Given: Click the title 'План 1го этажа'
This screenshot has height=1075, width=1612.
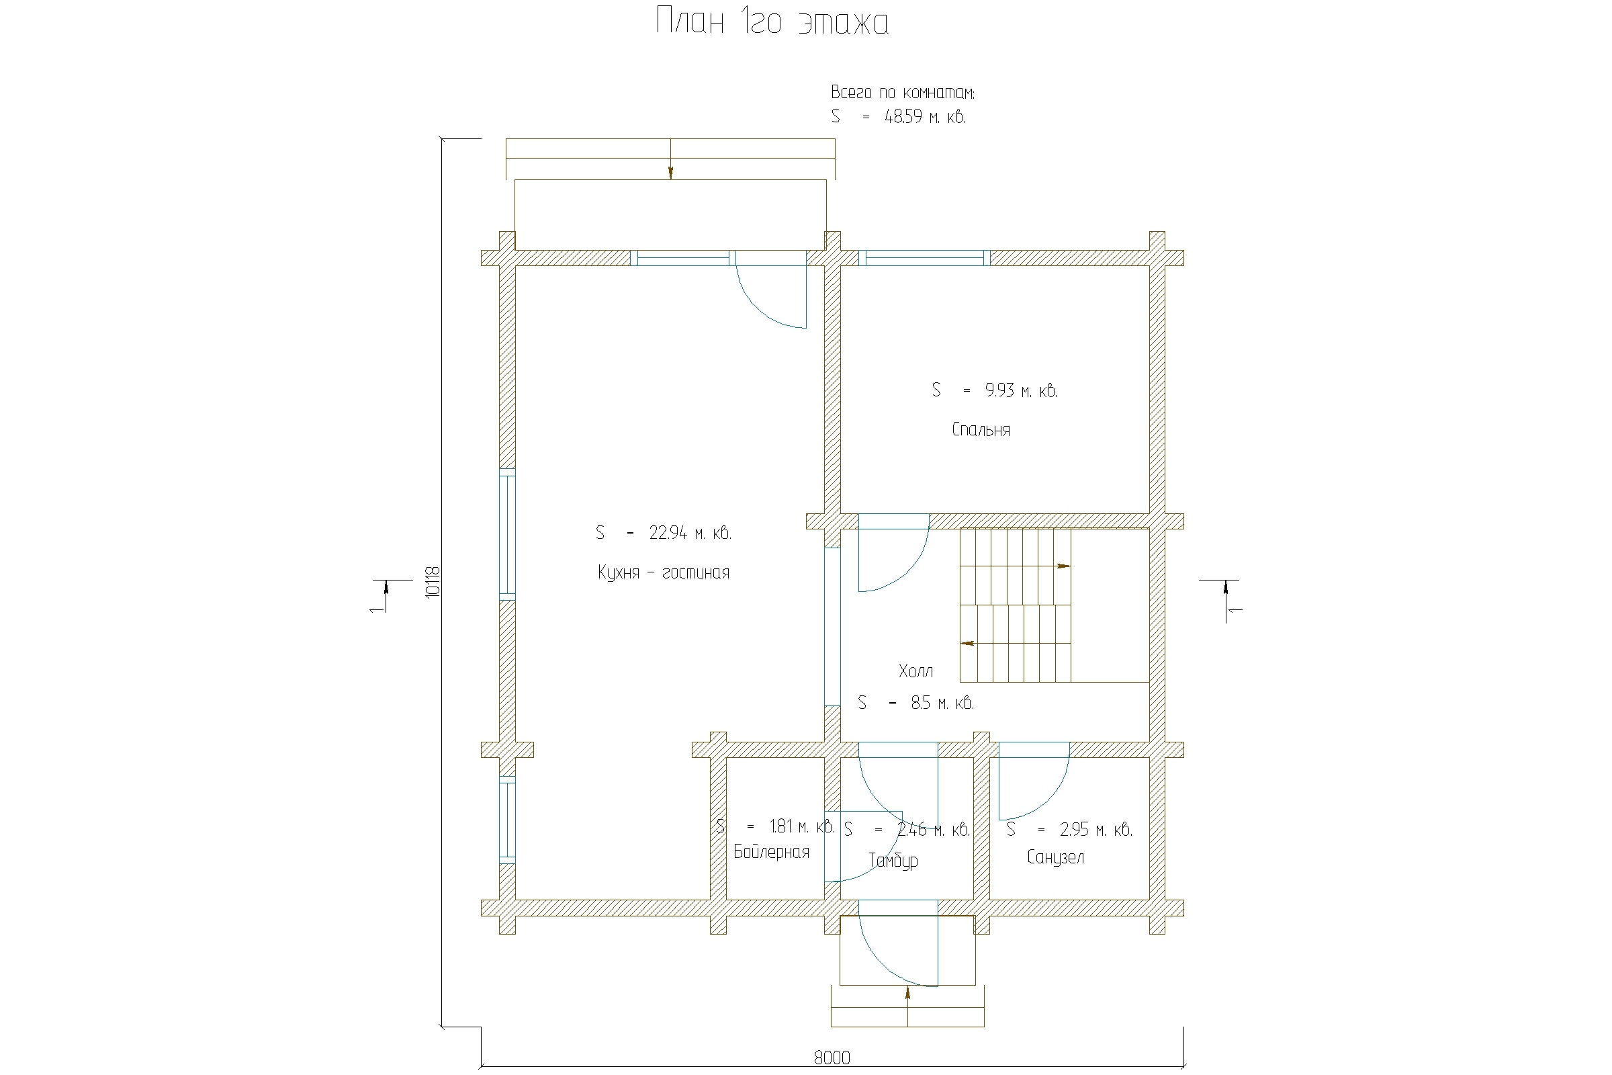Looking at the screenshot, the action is coord(772,22).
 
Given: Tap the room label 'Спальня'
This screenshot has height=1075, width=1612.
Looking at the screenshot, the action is coord(981,430).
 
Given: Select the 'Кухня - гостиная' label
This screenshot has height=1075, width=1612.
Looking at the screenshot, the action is coord(664,572).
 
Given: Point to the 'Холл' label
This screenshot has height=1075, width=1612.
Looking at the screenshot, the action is coord(915,671).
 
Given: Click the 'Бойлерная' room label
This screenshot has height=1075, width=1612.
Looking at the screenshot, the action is coord(771,852).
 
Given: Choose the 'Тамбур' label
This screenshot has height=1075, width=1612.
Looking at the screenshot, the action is coord(893,861).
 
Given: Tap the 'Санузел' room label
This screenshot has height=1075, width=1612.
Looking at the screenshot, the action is coord(1055,857).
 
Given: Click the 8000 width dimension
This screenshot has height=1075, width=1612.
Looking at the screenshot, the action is coord(832,1058).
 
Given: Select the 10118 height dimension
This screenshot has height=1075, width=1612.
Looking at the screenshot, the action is coord(432,582).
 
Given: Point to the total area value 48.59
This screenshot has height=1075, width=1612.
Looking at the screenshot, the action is coord(903,116).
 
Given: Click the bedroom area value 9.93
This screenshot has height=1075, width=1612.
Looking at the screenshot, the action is coord(999,390).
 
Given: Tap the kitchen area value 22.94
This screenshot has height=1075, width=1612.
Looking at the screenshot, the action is coord(668,533).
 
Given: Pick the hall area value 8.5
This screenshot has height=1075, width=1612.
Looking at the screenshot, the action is coord(920,703).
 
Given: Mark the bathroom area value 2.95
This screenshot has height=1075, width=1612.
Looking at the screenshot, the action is coord(1074,830).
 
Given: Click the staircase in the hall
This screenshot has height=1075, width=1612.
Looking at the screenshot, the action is coord(1015,605).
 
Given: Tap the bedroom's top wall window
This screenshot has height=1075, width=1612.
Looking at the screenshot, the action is coord(925,258).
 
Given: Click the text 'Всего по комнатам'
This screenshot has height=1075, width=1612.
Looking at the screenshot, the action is coord(902,93).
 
